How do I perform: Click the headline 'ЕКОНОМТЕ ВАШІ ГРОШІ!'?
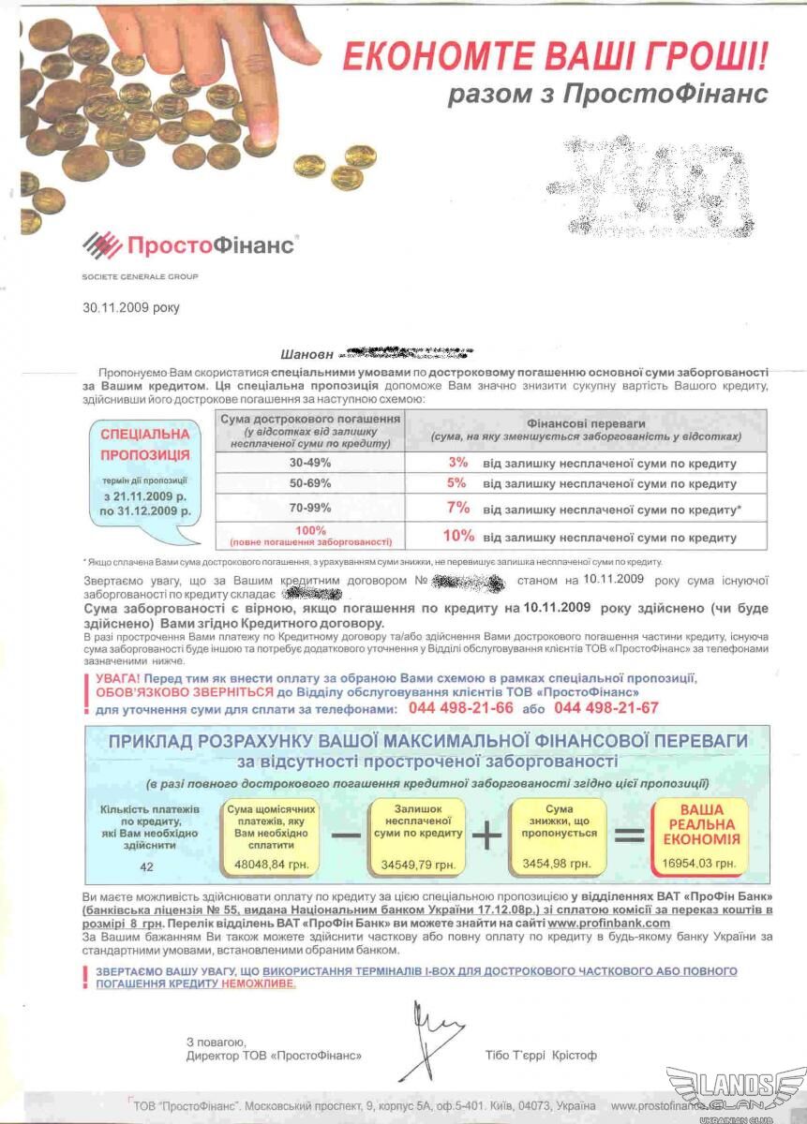pos(555,57)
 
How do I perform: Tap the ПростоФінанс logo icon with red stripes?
pos(102,245)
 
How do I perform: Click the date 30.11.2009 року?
pos(130,306)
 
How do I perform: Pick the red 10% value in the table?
pos(458,537)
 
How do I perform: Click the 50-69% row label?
pos(308,484)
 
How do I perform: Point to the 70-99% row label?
pos(308,509)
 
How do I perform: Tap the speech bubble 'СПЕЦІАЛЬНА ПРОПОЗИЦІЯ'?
pos(145,473)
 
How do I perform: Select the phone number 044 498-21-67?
pos(606,708)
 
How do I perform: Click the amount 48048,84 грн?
pos(271,864)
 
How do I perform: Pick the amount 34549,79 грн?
pos(417,864)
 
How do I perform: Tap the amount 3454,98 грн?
pos(560,864)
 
